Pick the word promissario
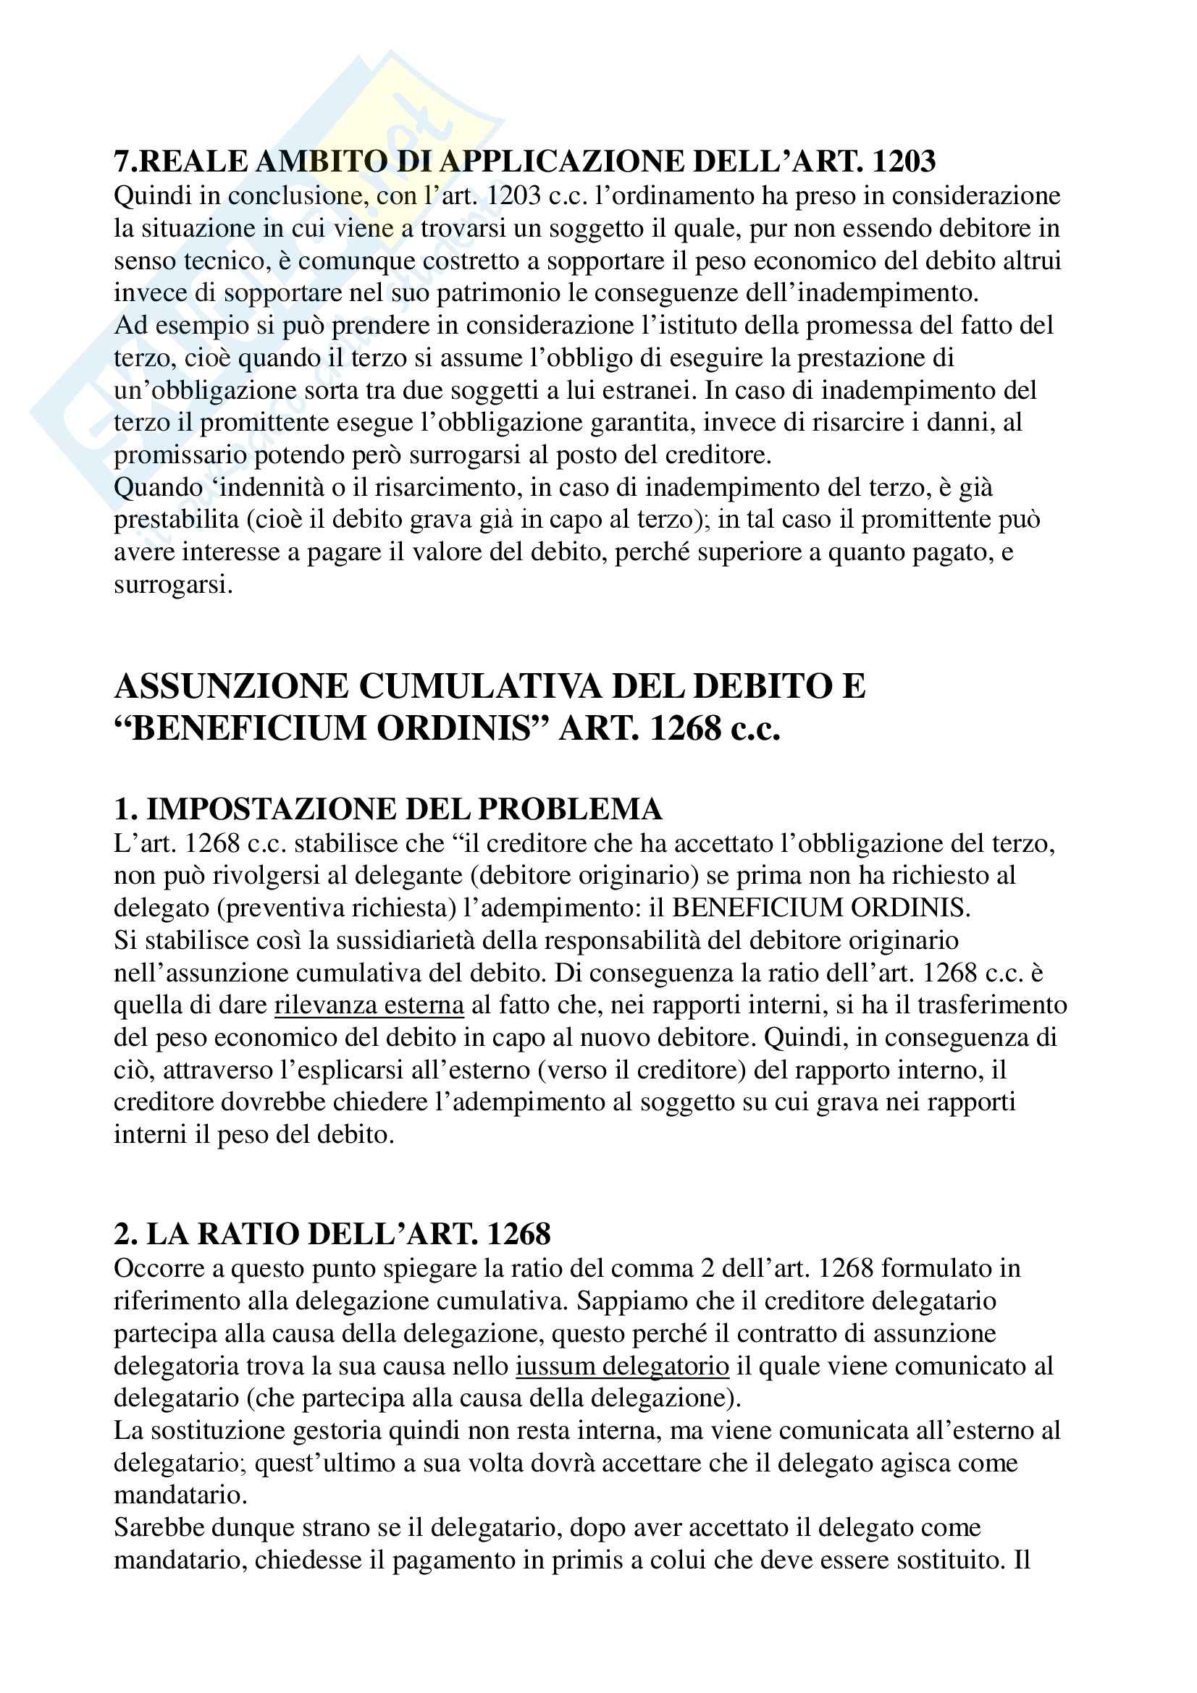pyautogui.click(x=180, y=456)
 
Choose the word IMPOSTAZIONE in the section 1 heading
pyautogui.click(x=263, y=810)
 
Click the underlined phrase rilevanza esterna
pyautogui.click(x=369, y=1006)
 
